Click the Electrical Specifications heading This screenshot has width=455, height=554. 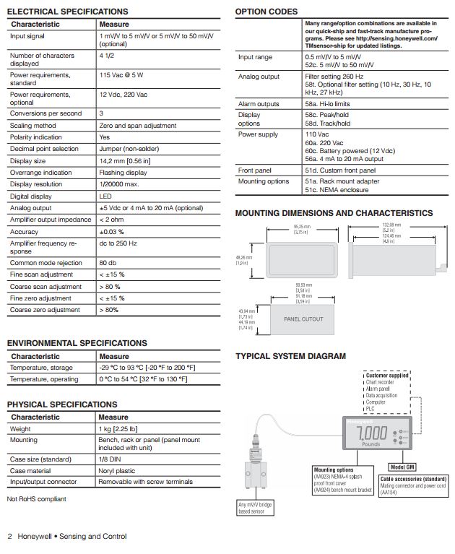(67, 12)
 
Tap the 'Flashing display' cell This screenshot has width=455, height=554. (122, 173)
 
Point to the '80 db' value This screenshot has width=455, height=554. (108, 263)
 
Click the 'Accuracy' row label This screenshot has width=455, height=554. (25, 232)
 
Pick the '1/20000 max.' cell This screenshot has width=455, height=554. (119, 184)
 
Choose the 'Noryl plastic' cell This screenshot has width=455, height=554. (119, 471)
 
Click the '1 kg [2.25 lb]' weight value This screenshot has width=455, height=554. (118, 428)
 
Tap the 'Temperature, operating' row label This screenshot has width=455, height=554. (44, 378)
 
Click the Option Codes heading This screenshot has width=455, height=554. (266, 12)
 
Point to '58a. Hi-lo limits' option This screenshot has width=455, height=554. (329, 104)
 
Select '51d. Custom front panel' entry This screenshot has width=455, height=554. (340, 170)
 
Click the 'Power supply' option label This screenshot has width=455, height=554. (258, 134)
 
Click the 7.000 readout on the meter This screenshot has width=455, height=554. (372, 434)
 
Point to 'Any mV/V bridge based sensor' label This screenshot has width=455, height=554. (256, 508)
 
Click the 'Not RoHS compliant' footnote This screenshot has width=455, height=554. (36, 498)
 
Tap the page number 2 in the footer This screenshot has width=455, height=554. (10, 536)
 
